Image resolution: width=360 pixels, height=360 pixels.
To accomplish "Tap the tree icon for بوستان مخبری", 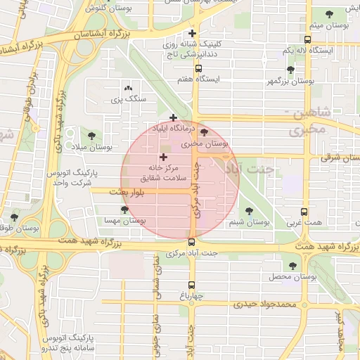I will coord(205,131).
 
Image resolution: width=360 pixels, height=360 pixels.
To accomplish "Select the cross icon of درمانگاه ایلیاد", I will coord(174,117).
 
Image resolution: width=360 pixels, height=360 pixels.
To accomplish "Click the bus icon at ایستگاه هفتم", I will coord(199,69).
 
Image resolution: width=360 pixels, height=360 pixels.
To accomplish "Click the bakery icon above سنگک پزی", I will coord(128,89).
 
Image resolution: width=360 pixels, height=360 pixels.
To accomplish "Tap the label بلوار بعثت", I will coord(127,191).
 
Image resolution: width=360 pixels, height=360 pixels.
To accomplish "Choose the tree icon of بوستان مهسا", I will coord(124,209).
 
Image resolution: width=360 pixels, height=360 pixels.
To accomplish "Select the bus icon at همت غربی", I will coord(304,211).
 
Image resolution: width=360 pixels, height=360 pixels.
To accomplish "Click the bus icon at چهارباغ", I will coord(192,285).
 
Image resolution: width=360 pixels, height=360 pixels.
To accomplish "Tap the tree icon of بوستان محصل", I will coord(292,266).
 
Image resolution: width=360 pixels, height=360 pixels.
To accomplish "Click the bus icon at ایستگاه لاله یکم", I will coord(307,40).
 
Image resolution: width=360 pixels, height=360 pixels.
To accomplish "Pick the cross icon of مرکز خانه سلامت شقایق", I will coord(164,157).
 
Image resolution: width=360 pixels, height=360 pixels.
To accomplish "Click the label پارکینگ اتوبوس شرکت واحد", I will coord(72,176).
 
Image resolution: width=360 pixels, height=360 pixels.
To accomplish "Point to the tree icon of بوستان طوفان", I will coord(14,217).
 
